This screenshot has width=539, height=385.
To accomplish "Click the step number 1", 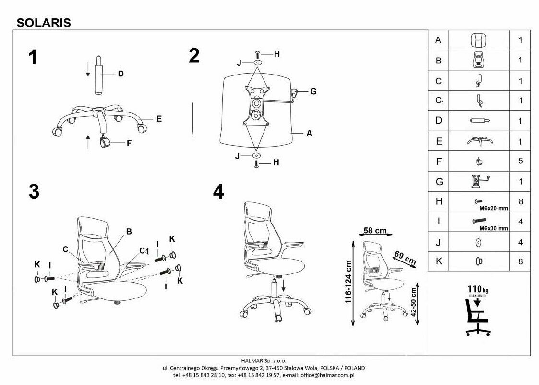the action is point(33,58).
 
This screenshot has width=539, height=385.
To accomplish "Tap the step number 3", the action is point(34,192).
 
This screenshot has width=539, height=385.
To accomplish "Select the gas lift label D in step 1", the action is point(120,74).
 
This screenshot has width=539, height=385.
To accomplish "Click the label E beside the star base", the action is point(158,119).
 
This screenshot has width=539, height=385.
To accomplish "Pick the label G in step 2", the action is point(313,91).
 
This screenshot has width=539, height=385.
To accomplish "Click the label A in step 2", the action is point(310,134).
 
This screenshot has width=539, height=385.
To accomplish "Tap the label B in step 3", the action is point(129,231).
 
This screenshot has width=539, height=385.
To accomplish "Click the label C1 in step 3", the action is point(143,250).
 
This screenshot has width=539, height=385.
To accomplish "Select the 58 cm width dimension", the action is point(375,231).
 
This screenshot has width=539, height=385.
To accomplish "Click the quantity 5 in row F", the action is point(520,161).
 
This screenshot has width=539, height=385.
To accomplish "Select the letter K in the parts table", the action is point(438,261).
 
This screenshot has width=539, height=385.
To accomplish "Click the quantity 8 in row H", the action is point(520,202).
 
